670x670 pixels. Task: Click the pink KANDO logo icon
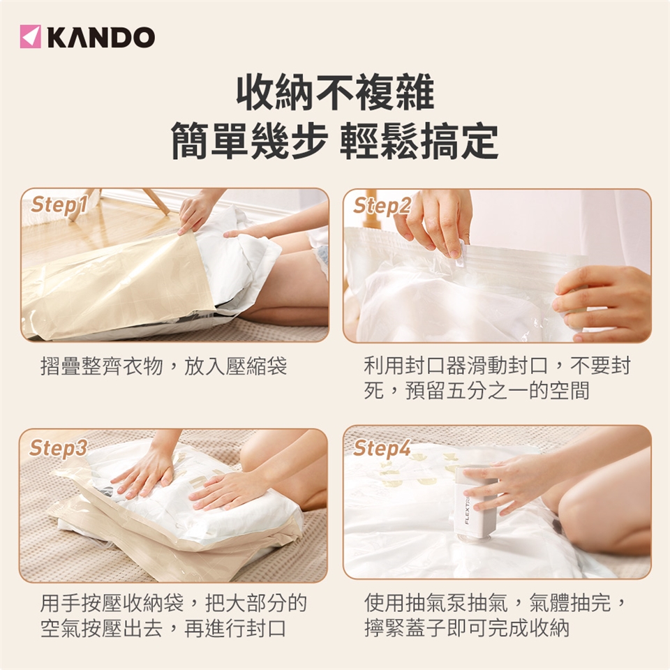coord(30,36)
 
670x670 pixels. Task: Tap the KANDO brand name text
coord(101,37)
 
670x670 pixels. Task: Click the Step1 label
coord(59,204)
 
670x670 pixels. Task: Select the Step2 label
coord(382,205)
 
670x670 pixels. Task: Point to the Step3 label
coord(58,448)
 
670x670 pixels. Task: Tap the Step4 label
coord(382,448)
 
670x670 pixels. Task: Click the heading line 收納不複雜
coord(335,93)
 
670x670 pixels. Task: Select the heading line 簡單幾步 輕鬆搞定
coord(334,141)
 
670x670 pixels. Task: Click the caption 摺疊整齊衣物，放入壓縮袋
coord(163,366)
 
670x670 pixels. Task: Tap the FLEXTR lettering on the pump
coord(467,510)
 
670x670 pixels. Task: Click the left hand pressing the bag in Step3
coord(144,475)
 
